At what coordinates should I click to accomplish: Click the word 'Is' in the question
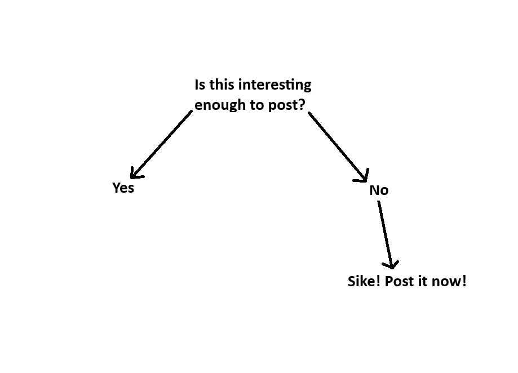[x=200, y=85]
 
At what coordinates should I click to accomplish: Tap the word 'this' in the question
[x=222, y=85]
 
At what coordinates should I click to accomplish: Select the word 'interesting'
[x=275, y=86]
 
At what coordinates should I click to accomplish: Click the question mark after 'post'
[x=302, y=104]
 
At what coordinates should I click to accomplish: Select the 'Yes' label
[x=123, y=188]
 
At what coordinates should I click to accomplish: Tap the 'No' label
[x=379, y=190]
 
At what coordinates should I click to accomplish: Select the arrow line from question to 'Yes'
[x=162, y=145]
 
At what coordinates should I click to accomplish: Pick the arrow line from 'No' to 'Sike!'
[x=386, y=235]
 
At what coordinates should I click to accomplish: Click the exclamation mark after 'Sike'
[x=378, y=281]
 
